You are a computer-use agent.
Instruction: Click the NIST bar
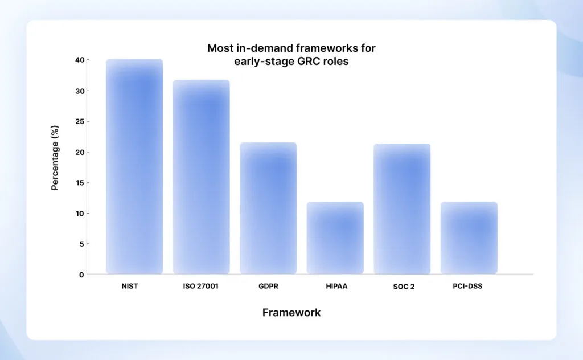(x=134, y=166)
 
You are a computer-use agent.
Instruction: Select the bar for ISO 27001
(x=201, y=177)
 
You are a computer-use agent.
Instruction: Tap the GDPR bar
(x=268, y=208)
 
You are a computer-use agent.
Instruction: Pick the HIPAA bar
(x=335, y=238)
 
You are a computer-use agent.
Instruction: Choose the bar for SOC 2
(x=402, y=208)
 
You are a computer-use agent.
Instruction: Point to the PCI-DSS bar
(x=469, y=238)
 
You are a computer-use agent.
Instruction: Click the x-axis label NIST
(x=130, y=286)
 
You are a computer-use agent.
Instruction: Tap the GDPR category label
(x=268, y=286)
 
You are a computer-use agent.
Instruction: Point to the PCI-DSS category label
(x=467, y=286)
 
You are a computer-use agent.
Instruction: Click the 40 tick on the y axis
(x=79, y=60)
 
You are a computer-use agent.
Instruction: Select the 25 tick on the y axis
(x=79, y=121)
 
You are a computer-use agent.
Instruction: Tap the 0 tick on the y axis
(x=81, y=275)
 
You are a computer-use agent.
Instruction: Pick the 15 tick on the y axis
(x=79, y=183)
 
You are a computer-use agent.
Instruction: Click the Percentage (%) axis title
(x=55, y=158)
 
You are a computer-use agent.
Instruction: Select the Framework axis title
(x=291, y=313)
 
